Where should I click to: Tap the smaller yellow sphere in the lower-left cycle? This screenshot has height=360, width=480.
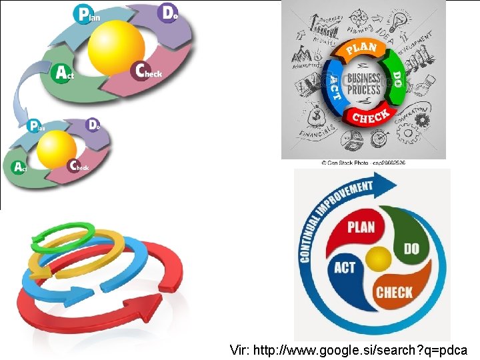tap(57, 149)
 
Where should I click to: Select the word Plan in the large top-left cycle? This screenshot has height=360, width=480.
tap(89, 14)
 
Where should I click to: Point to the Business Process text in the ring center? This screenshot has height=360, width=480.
tap(365, 84)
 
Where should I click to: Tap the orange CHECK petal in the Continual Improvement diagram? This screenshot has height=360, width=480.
tap(393, 291)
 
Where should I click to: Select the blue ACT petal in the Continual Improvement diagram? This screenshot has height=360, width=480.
tap(345, 269)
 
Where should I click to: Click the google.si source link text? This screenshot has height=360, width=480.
tap(349, 349)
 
